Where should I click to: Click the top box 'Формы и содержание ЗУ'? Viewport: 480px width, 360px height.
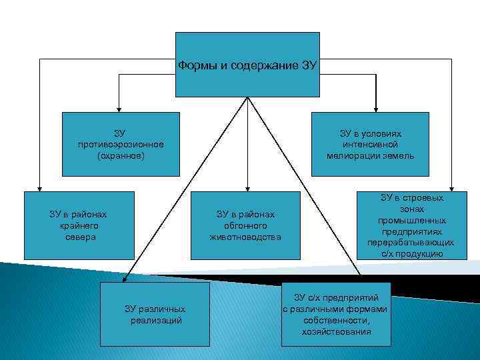tap(247, 65)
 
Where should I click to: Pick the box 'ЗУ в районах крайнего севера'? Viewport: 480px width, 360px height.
tap(78, 225)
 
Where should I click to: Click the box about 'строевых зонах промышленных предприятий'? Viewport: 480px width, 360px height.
tap(411, 225)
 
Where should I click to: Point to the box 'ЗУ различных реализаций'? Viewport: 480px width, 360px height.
tap(155, 314)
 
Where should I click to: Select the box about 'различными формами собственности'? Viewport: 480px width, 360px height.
tap(335, 314)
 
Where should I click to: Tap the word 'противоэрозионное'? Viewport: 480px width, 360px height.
tap(121, 145)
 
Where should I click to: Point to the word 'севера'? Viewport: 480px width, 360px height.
tap(78, 237)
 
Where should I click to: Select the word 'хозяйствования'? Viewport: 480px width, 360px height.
tap(336, 331)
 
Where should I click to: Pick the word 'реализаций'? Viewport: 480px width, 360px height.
tap(156, 320)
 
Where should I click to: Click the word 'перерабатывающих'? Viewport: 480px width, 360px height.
tap(411, 243)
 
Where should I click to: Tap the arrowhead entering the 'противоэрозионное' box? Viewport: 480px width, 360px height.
tap(119, 108)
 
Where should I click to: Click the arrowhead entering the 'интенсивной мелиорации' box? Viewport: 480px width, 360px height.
tap(377, 108)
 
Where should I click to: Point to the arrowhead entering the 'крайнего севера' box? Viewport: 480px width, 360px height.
tap(39, 188)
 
